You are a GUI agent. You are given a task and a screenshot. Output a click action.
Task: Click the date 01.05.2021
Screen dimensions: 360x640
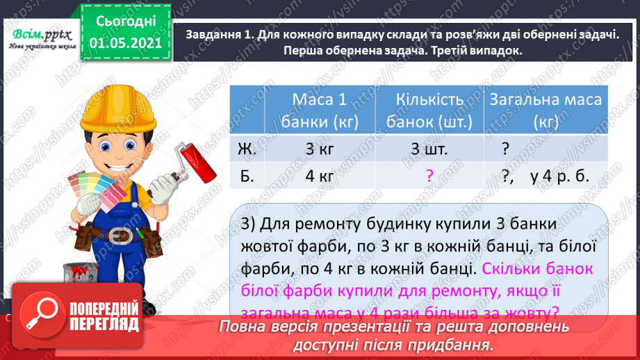click(x=124, y=42)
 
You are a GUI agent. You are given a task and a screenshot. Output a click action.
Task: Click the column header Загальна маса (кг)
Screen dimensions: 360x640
click(x=545, y=111)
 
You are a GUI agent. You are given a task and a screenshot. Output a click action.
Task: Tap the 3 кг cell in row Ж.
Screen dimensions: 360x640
click(x=320, y=149)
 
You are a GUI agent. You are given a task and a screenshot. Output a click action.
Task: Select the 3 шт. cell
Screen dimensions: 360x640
click(x=429, y=149)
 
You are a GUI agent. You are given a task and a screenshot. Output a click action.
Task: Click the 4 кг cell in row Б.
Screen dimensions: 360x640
click(x=320, y=177)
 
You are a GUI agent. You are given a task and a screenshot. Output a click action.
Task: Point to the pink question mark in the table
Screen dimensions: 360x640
click(x=429, y=177)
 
